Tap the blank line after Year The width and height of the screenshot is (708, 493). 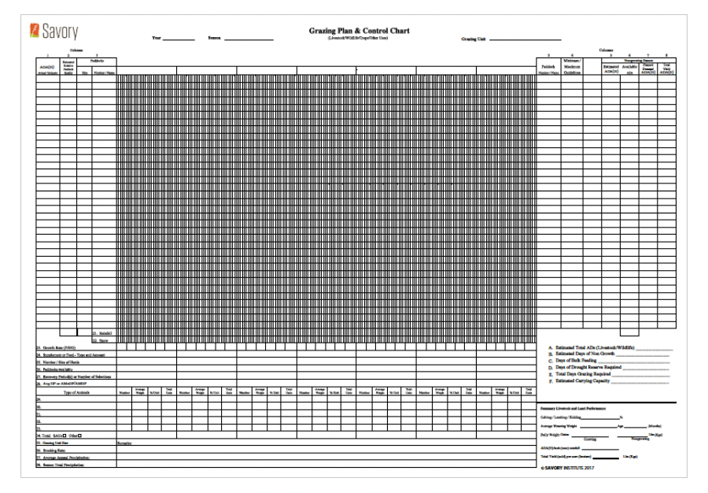click(179, 39)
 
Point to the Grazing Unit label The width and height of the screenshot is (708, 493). click(473, 39)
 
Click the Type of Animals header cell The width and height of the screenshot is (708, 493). click(76, 391)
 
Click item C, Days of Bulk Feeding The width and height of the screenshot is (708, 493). click(586, 360)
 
